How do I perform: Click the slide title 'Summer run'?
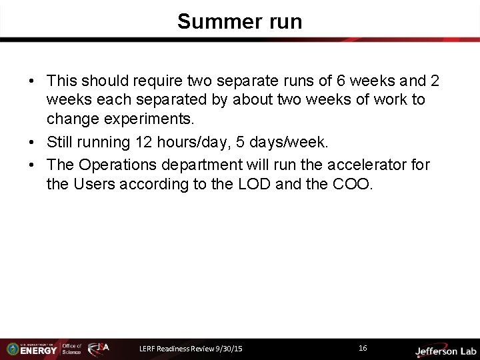coord(239,22)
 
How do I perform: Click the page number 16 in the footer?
coord(363,348)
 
